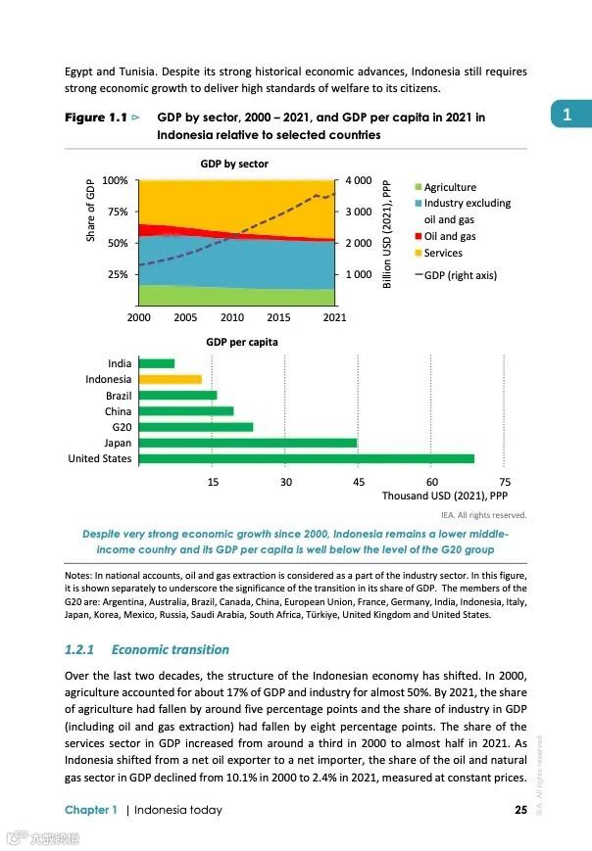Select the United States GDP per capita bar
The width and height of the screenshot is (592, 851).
[306, 458]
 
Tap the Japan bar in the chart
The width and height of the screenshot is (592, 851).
[247, 443]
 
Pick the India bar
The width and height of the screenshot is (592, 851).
[156, 363]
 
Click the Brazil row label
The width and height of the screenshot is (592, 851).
[118, 396]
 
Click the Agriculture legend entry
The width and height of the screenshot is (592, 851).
[450, 187]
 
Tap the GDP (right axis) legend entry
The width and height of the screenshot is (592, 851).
[459, 275]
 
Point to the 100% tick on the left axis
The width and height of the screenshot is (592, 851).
[116, 181]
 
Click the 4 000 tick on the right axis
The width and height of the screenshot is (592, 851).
[358, 181]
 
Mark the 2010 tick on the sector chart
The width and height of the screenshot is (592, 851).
[232, 317]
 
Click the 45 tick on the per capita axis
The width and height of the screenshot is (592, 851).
[359, 482]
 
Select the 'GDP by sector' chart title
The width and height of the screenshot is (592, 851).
[234, 164]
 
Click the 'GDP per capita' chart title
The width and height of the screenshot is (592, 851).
[241, 343]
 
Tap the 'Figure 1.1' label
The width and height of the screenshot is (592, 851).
[96, 118]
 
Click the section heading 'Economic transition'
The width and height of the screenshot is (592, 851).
[170, 649]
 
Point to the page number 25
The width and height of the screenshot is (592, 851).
[520, 810]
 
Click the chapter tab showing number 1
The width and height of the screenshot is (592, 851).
[567, 116]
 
